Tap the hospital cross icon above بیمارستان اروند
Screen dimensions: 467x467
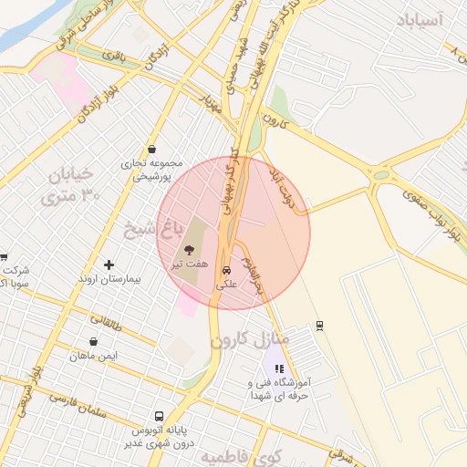coord(109,265)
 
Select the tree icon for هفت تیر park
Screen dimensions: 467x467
coord(190,250)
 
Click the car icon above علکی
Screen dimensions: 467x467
coord(226,271)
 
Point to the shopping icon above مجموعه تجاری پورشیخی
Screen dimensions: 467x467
coord(150,150)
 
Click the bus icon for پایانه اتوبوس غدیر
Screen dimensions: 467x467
coord(160,416)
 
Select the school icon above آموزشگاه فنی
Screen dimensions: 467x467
coord(279,369)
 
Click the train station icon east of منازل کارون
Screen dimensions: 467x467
coord(318,325)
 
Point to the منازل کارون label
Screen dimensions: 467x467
coord(250,340)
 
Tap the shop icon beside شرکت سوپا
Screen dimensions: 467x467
coord(3,258)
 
